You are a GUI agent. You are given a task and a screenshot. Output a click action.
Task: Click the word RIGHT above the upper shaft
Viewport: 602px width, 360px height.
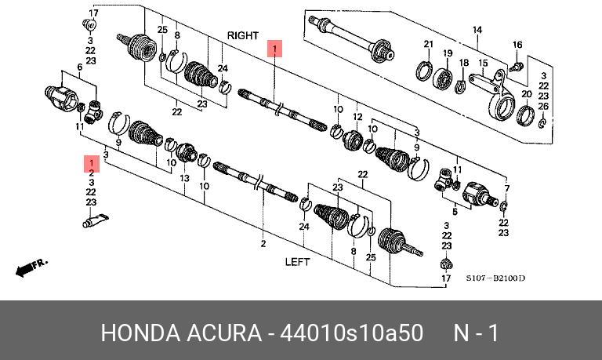(242, 36)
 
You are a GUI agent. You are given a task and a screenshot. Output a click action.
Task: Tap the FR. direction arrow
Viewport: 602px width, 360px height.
(32, 267)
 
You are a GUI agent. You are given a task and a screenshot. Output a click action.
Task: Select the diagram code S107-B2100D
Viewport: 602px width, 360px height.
(495, 278)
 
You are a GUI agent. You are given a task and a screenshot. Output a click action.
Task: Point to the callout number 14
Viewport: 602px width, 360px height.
(476, 31)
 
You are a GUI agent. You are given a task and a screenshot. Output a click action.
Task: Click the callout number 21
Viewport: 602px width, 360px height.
(429, 44)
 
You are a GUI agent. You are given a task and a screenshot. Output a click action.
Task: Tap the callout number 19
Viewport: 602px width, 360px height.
(448, 53)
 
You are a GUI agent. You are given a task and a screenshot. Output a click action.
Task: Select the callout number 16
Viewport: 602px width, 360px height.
(517, 45)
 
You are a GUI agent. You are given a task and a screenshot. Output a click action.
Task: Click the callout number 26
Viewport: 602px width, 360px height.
(543, 106)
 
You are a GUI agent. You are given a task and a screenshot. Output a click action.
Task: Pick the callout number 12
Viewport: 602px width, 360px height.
(357, 118)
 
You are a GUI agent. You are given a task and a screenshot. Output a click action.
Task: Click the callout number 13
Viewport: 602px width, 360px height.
(185, 179)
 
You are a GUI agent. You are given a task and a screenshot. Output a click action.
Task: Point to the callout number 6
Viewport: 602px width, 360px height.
(79, 68)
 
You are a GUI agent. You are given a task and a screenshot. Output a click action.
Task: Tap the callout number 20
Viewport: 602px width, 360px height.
(526, 93)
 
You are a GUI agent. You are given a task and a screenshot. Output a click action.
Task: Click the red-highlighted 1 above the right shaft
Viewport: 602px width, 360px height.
(274, 49)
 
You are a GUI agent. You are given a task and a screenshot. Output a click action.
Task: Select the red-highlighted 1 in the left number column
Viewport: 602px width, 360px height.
(91, 162)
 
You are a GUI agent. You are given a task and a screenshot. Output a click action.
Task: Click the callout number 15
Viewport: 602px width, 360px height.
(484, 63)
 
